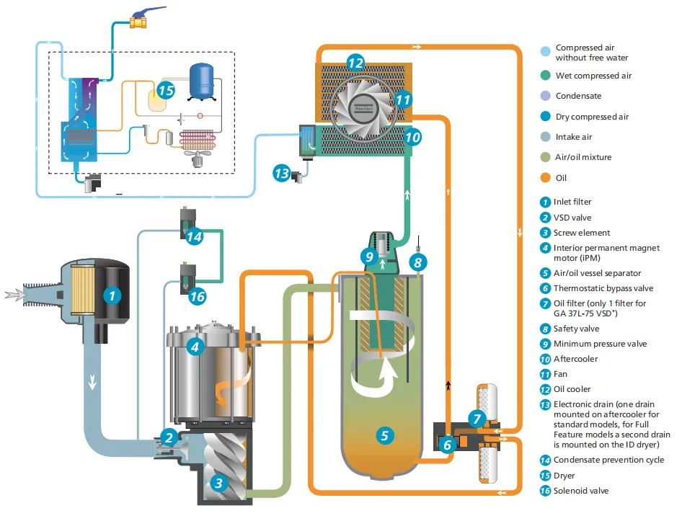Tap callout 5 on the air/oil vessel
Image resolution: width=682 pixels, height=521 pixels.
384,435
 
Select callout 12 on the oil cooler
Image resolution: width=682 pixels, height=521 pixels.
355,63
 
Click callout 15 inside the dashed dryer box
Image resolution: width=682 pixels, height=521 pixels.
166,91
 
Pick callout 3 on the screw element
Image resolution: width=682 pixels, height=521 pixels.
217,484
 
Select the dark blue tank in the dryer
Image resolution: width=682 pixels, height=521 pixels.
201,81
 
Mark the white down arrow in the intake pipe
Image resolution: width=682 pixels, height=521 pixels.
93,381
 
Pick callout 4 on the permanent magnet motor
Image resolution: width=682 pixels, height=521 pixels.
193,347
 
